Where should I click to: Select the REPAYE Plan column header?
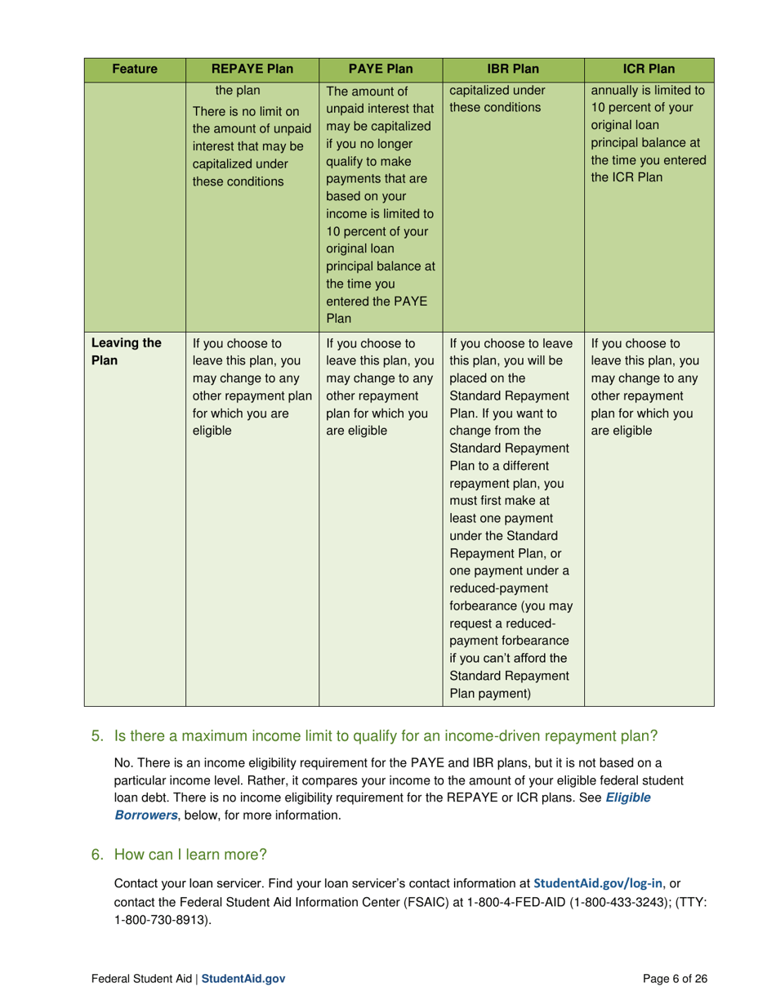click(252, 69)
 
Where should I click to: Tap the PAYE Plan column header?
click(380, 69)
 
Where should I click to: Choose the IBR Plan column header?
click(513, 69)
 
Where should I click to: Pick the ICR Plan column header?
click(649, 69)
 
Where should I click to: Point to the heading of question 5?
click(386, 735)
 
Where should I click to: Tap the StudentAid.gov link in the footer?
click(243, 978)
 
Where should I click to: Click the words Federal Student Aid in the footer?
click(141, 978)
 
